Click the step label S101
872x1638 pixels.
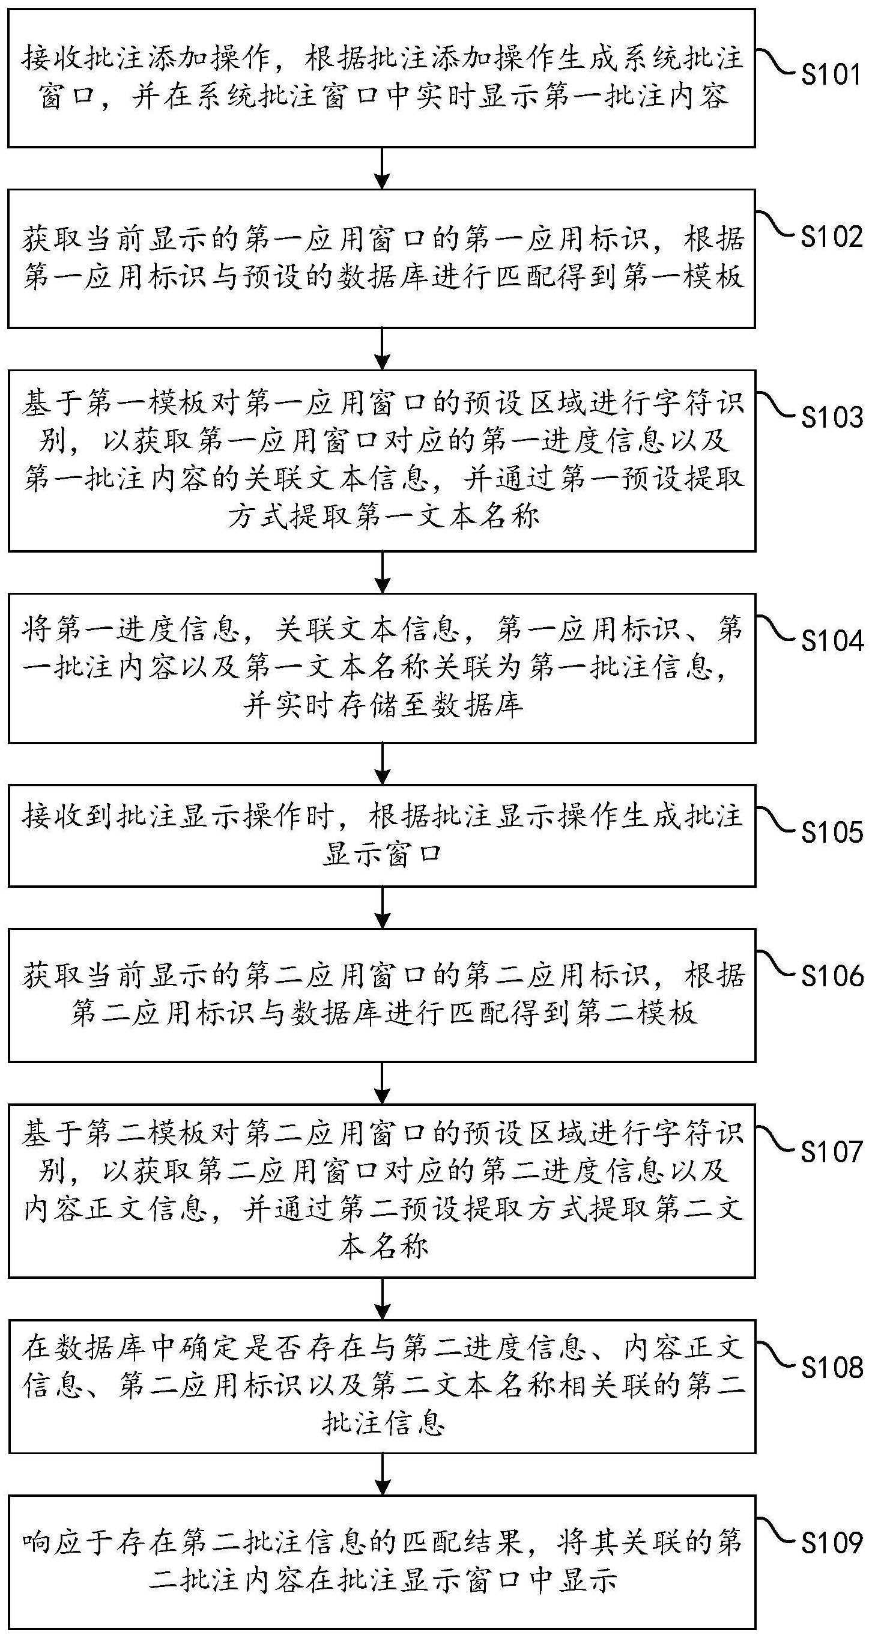coord(831,75)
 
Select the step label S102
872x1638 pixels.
coord(831,237)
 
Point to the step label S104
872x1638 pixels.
coord(831,641)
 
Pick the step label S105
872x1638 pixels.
coord(831,832)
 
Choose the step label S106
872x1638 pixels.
coord(831,976)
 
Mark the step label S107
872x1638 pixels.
coord(831,1151)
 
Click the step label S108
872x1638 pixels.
coord(831,1368)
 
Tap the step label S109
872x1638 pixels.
coord(831,1542)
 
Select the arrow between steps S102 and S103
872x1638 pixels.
coord(382,349)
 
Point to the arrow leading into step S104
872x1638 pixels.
coord(382,572)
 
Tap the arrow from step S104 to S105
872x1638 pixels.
coord(382,763)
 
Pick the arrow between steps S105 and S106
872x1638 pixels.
coord(382,908)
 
